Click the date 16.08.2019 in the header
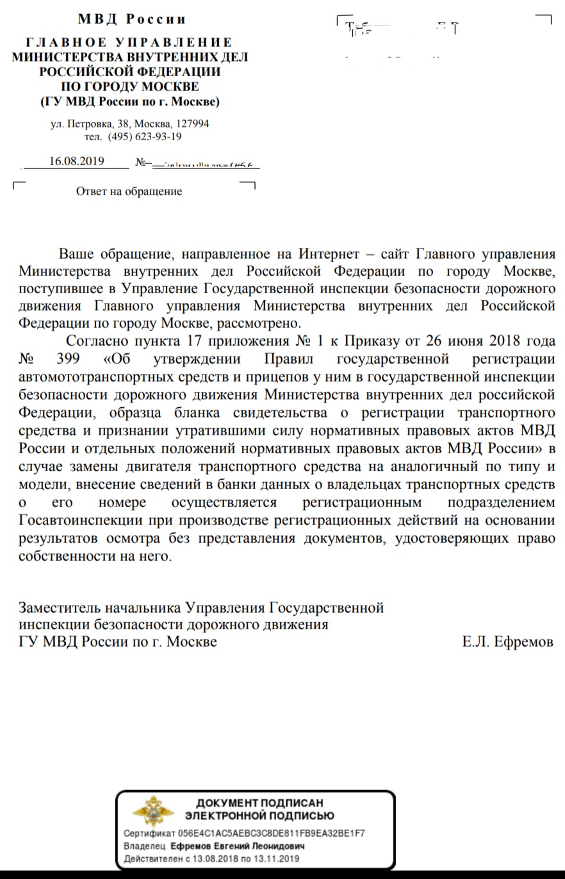point(76,161)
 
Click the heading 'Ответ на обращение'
point(129,191)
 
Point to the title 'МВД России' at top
point(131,19)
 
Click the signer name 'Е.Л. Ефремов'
point(507,641)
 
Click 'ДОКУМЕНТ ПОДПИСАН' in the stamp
point(259,803)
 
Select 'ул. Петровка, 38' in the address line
point(86,124)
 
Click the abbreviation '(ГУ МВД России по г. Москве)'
point(129,101)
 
